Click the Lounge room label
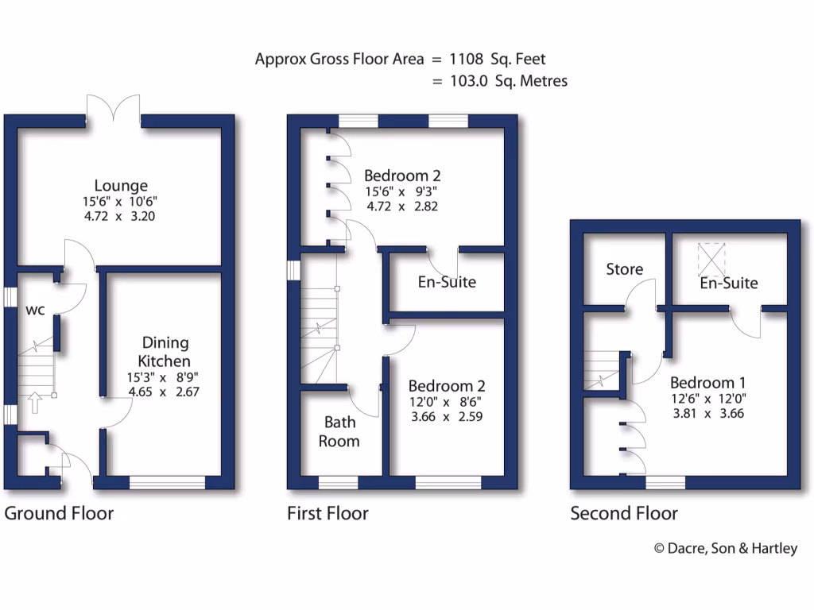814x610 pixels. click(x=121, y=186)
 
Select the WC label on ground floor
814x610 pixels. click(x=34, y=310)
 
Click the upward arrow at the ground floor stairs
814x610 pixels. click(x=33, y=403)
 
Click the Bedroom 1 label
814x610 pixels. click(x=707, y=382)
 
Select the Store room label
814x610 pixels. click(x=624, y=269)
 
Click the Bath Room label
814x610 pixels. click(x=339, y=431)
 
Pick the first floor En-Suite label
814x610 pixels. click(x=447, y=281)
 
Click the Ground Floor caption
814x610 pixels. click(x=59, y=513)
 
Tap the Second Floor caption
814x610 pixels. click(x=624, y=514)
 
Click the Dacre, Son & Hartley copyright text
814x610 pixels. click(x=725, y=548)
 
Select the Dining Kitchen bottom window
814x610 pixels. click(x=167, y=481)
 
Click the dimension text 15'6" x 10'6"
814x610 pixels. click(x=121, y=202)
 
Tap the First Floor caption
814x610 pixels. click(x=328, y=514)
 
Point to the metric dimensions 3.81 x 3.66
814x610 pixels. click(x=707, y=413)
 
